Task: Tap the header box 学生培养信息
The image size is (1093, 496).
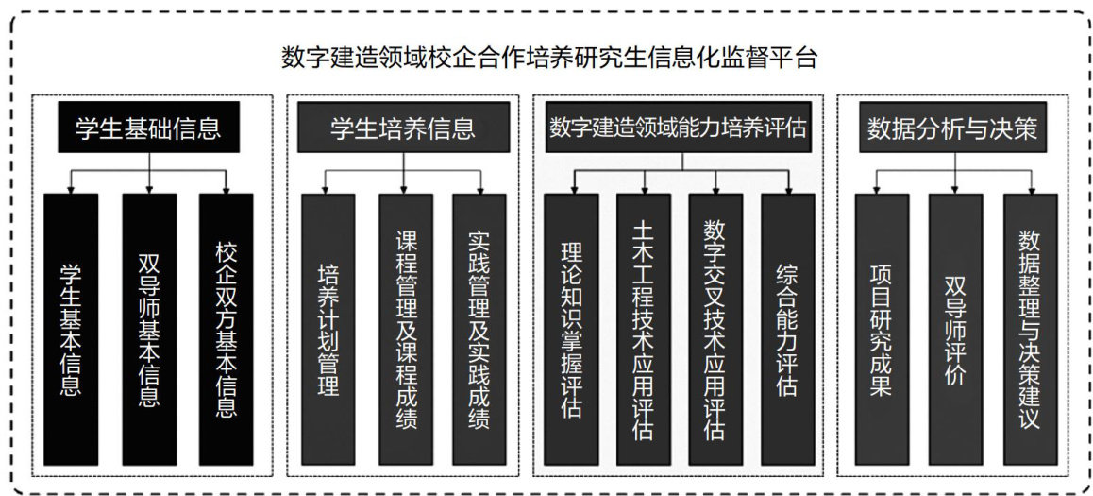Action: pyautogui.click(x=403, y=128)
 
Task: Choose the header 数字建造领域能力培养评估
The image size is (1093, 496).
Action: pyautogui.click(x=679, y=128)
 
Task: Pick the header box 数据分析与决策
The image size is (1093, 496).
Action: pyautogui.click(x=952, y=128)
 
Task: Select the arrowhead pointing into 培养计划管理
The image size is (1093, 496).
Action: pyautogui.click(x=328, y=188)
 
